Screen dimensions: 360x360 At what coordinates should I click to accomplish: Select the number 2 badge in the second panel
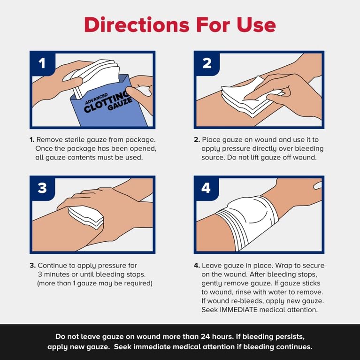point(207,63)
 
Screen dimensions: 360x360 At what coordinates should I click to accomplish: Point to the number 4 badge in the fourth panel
point(207,188)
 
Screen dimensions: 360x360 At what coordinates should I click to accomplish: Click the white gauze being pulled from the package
point(96,77)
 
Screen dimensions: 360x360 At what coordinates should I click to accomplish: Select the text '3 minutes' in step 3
point(55,274)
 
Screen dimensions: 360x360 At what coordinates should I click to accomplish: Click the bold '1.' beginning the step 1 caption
point(32,139)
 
